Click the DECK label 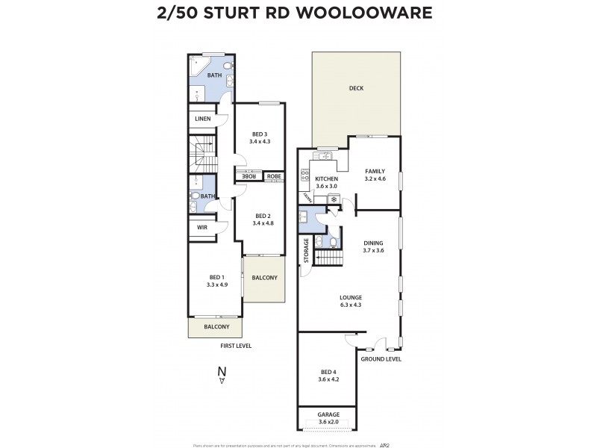point(355,89)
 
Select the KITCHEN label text point(327,179)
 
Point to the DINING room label point(373,243)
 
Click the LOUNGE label point(350,297)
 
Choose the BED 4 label point(329,372)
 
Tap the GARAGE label point(329,414)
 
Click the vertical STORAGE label point(306,252)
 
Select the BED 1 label point(216,277)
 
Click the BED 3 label point(260,134)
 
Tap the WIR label point(201,228)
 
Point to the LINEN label point(202,119)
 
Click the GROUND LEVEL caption point(381,359)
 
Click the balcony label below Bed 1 point(216,327)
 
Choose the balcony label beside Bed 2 point(264,278)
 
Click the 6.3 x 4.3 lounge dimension point(350,305)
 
